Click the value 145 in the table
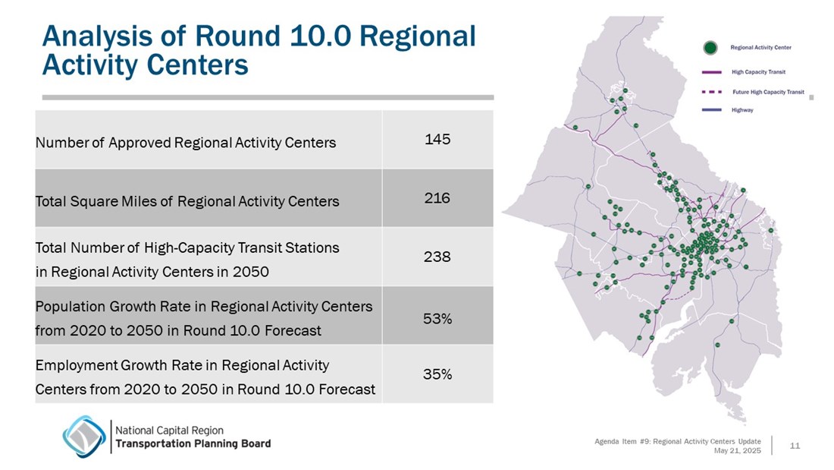pyautogui.click(x=437, y=140)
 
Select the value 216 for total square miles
pyautogui.click(x=437, y=198)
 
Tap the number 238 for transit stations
pyautogui.click(x=437, y=257)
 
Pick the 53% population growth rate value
pyautogui.click(x=437, y=319)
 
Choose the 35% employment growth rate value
pyautogui.click(x=437, y=374)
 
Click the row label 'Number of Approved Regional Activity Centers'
pyautogui.click(x=186, y=143)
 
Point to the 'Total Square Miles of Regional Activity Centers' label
pyautogui.click(x=187, y=202)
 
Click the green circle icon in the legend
pyautogui.click(x=710, y=48)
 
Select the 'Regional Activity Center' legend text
pyautogui.click(x=761, y=48)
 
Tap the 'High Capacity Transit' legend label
pyautogui.click(x=758, y=72)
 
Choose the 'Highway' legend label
pyautogui.click(x=742, y=110)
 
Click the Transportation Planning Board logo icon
pyautogui.click(x=84, y=436)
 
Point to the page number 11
pyautogui.click(x=795, y=445)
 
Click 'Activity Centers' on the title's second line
pyautogui.click(x=145, y=65)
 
